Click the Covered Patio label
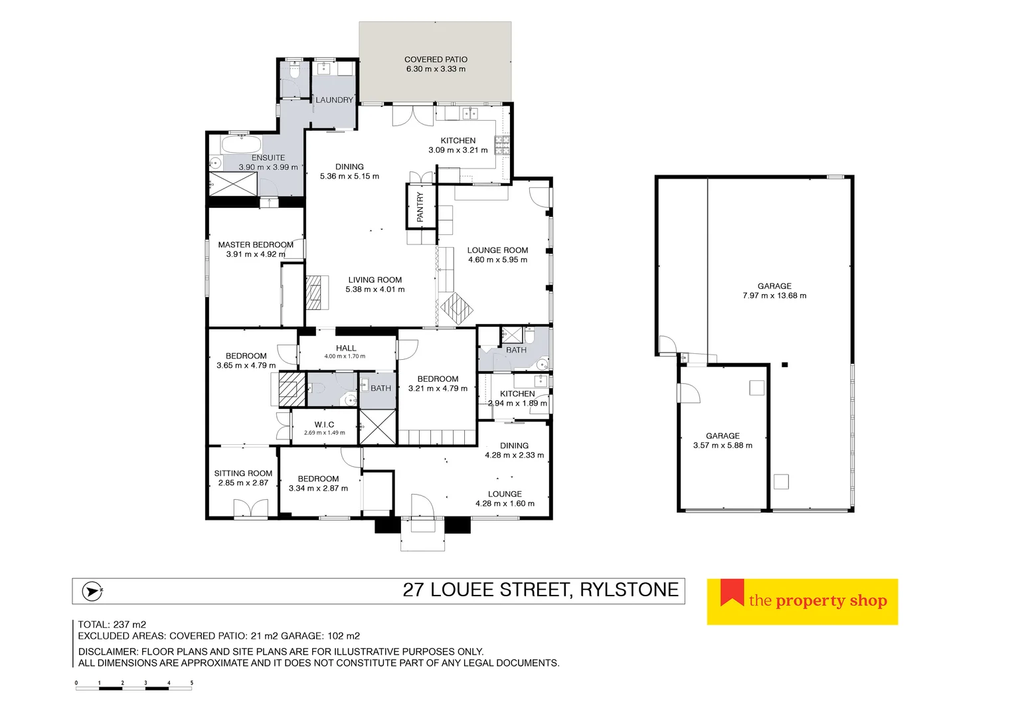(436, 60)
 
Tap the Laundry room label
(334, 100)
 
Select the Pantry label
(420, 206)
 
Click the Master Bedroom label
(256, 245)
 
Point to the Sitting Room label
(243, 473)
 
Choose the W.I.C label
(324, 425)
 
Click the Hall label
(345, 348)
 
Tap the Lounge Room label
(497, 250)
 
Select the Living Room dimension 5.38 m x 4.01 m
(375, 289)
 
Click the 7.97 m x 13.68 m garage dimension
(774, 295)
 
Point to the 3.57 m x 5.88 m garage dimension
(722, 445)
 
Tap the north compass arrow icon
(91, 590)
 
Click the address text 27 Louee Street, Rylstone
(541, 590)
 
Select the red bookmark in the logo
(732, 592)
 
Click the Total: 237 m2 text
(112, 624)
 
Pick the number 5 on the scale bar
(192, 682)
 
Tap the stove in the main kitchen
(502, 145)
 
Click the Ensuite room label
(268, 158)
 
